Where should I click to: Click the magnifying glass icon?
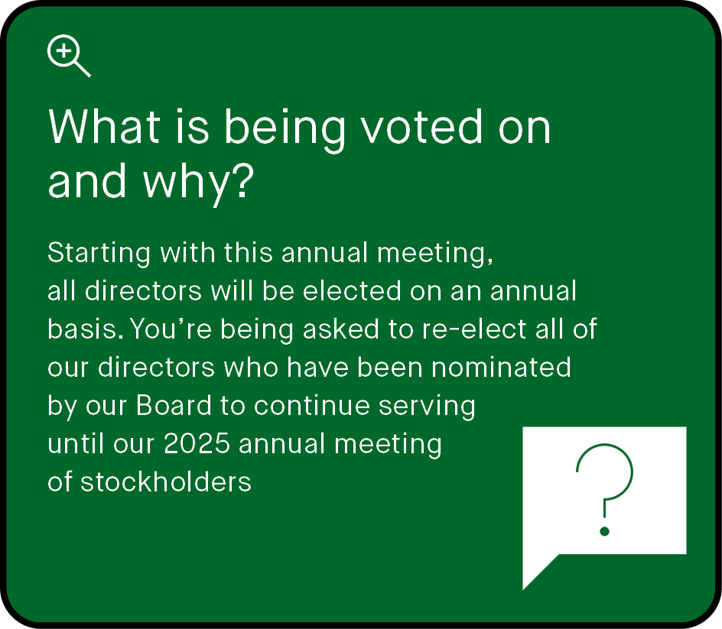68,57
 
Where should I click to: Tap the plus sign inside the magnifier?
64,52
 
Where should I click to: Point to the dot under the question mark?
604,530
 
